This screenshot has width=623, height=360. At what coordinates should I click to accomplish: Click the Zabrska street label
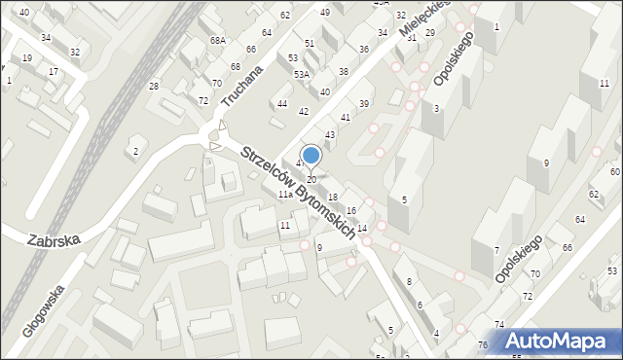coord(54,237)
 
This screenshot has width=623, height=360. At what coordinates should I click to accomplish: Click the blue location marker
coord(311,155)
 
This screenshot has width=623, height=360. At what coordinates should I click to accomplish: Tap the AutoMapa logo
coord(560,341)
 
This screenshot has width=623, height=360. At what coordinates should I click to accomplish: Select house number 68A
coord(218,41)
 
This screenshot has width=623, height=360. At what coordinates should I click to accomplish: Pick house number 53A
coord(302,74)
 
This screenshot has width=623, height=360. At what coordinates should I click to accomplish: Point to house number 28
coord(153,87)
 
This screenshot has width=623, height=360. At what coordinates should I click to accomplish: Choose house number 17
coord(53,72)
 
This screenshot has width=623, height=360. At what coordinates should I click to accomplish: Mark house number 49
coord(324,12)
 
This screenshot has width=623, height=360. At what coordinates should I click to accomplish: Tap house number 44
coord(282,103)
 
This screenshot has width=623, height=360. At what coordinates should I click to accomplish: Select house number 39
coord(364,104)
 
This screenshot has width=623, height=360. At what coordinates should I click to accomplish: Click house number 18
coord(333,198)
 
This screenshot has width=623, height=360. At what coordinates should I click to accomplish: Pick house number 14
coord(362,228)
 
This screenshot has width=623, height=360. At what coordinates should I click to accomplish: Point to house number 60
coord(615,171)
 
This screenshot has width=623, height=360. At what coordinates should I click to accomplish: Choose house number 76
coord(482,345)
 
